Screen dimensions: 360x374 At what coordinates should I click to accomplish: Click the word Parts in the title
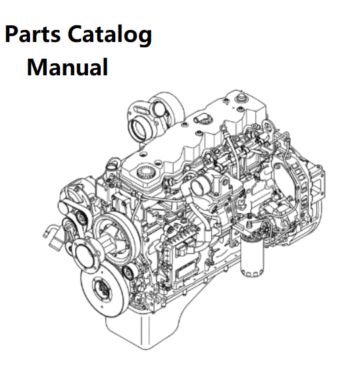tap(33, 35)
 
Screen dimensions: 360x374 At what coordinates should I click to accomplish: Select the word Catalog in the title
tap(110, 35)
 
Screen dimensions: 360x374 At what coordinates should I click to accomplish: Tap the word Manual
tap(67, 67)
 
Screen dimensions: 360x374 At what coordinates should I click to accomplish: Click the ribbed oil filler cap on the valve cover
tap(145, 173)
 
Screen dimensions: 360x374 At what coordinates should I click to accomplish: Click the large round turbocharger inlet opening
tap(139, 131)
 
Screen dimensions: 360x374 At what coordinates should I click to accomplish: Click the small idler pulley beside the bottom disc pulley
tap(128, 272)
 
